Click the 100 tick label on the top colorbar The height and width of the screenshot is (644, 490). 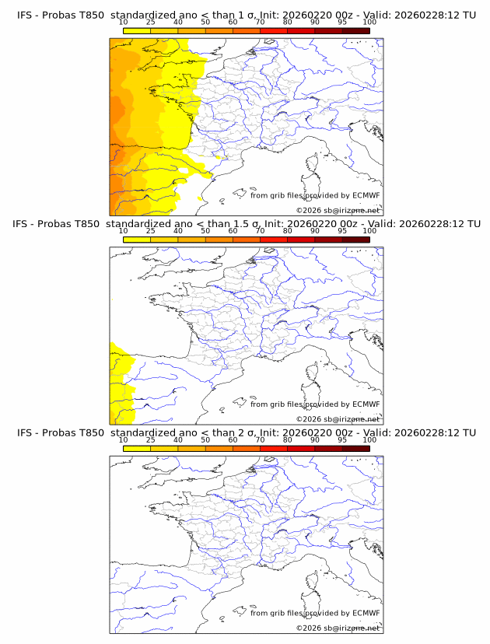pyautogui.click(x=369, y=21)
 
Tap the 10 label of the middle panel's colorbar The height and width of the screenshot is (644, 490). pyautogui.click(x=123, y=230)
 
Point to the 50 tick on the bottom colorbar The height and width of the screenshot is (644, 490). pyautogui.click(x=205, y=439)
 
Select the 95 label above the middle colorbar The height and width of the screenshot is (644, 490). pyautogui.click(x=342, y=230)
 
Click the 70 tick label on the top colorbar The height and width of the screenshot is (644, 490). pyautogui.click(x=260, y=21)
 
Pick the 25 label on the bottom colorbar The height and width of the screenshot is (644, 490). pyautogui.click(x=150, y=439)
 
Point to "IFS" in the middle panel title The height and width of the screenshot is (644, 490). pyautogui.click(x=21, y=223)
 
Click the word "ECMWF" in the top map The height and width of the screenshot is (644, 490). pyautogui.click(x=366, y=195)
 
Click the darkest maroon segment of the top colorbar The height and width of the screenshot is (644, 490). pyautogui.click(x=355, y=30)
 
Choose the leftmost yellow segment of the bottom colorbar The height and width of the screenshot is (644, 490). pyautogui.click(x=136, y=449)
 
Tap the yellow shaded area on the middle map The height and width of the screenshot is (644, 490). pyautogui.click(x=119, y=381)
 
